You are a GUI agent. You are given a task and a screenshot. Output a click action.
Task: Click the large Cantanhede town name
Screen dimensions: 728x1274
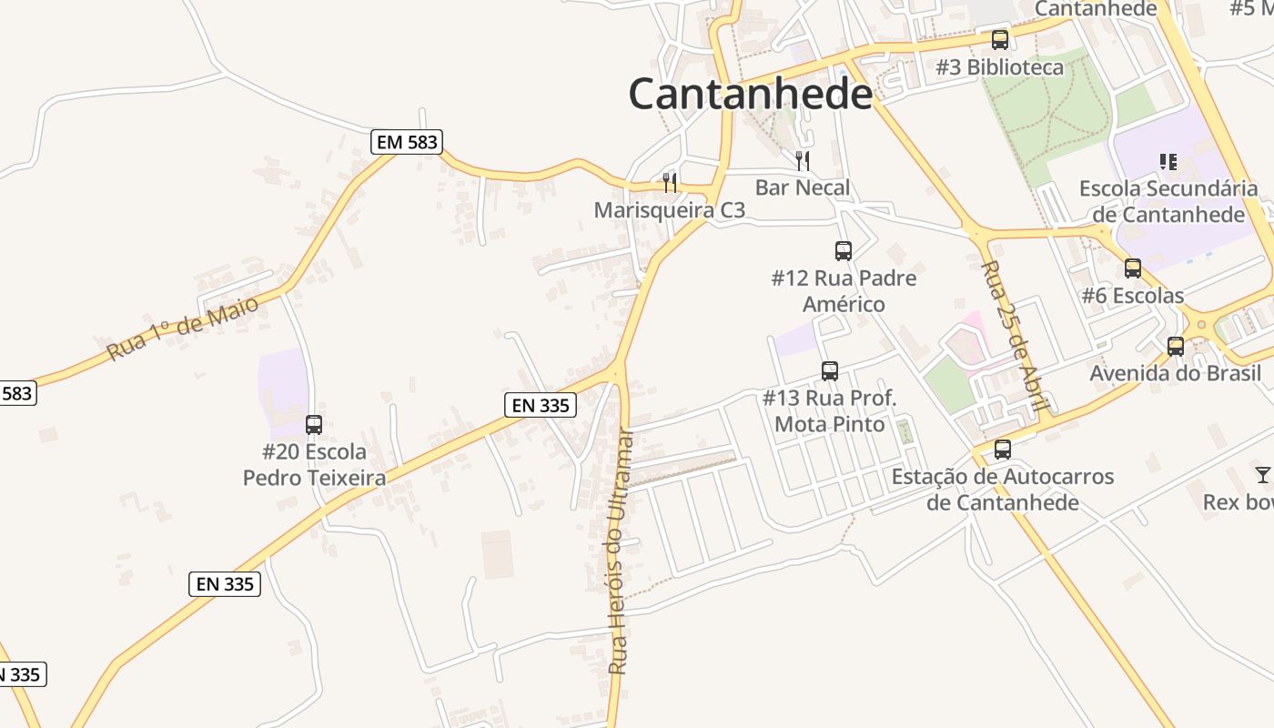point(750,94)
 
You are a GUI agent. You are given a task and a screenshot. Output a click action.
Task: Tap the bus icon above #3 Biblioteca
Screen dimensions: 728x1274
point(999,40)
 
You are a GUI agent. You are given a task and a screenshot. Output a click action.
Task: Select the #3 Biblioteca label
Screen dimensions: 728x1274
point(999,67)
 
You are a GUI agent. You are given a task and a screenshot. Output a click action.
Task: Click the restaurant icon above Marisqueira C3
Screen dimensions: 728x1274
point(670,183)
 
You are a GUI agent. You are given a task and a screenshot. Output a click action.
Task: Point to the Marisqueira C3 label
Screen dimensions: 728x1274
point(669,210)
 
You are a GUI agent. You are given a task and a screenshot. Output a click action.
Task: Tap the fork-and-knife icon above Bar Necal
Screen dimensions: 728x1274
point(802,161)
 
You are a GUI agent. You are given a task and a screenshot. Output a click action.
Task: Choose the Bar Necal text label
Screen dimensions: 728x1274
point(802,187)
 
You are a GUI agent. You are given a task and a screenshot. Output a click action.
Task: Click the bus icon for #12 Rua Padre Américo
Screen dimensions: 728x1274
point(844,251)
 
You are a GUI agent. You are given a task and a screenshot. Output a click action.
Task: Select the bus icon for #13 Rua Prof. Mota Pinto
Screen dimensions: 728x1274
point(829,371)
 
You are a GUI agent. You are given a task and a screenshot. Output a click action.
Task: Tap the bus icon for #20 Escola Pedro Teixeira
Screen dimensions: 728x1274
point(314,425)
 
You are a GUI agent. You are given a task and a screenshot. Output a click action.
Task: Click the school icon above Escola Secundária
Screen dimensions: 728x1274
point(1168,162)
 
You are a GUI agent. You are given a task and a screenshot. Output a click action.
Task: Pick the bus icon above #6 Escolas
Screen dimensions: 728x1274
point(1132,268)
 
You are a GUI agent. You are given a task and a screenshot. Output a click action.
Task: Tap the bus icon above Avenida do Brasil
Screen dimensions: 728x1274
point(1175,347)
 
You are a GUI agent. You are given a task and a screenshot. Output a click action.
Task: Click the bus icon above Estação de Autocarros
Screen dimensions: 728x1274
point(1002,450)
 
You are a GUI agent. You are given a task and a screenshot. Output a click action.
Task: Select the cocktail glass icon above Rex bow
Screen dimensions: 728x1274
point(1262,475)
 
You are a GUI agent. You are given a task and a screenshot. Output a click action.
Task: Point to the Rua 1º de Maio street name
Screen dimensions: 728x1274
point(183,327)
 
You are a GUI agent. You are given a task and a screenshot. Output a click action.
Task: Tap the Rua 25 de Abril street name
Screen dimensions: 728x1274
point(1017,337)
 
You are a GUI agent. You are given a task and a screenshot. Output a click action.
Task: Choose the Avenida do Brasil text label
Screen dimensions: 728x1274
point(1175,373)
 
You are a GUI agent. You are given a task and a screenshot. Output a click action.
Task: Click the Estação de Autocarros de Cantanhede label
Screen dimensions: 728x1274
point(1002,490)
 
